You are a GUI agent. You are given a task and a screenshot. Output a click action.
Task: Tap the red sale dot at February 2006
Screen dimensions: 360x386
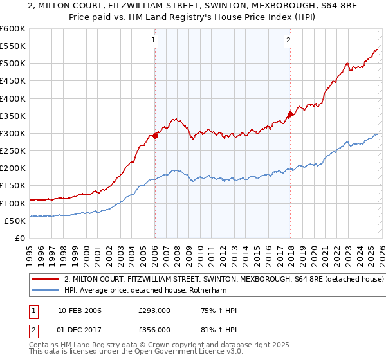(x=155, y=136)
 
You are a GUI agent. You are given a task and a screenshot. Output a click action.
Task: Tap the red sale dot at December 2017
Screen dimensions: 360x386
(x=290, y=114)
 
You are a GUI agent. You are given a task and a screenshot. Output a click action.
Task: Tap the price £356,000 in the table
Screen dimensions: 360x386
(x=155, y=330)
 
